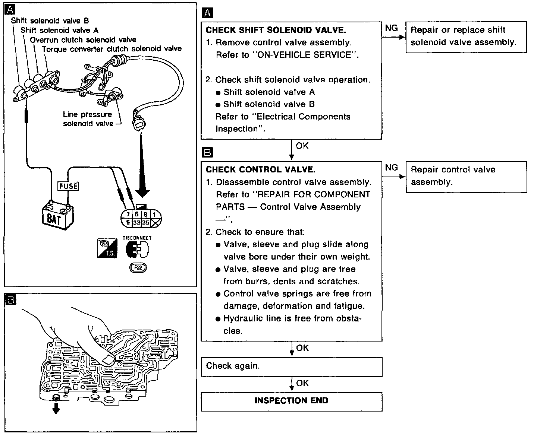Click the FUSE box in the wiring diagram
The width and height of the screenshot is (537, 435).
tap(68, 185)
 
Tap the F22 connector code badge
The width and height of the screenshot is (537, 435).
tap(138, 267)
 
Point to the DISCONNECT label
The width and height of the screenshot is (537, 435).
tap(137, 238)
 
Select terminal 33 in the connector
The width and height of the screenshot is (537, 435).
tap(137, 223)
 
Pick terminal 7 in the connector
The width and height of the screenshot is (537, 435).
tap(128, 215)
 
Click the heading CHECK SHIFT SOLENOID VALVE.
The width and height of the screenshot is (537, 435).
tap(276, 30)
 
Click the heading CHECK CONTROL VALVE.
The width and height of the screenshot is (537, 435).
tap(260, 170)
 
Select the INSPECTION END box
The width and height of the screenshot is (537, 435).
tap(291, 401)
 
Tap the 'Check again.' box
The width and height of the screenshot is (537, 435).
tap(291, 366)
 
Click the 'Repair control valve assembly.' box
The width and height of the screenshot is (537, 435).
tap(466, 176)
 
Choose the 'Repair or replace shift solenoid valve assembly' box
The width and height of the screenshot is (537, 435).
tap(466, 36)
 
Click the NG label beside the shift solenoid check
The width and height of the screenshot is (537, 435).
tap(391, 28)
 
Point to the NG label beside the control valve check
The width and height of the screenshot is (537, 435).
tap(391, 168)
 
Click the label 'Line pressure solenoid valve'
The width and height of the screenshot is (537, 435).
tap(88, 119)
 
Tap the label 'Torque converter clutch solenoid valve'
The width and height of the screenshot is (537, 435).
tap(112, 49)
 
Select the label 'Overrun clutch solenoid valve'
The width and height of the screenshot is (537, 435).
tap(83, 40)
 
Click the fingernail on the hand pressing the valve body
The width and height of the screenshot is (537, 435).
tap(109, 359)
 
